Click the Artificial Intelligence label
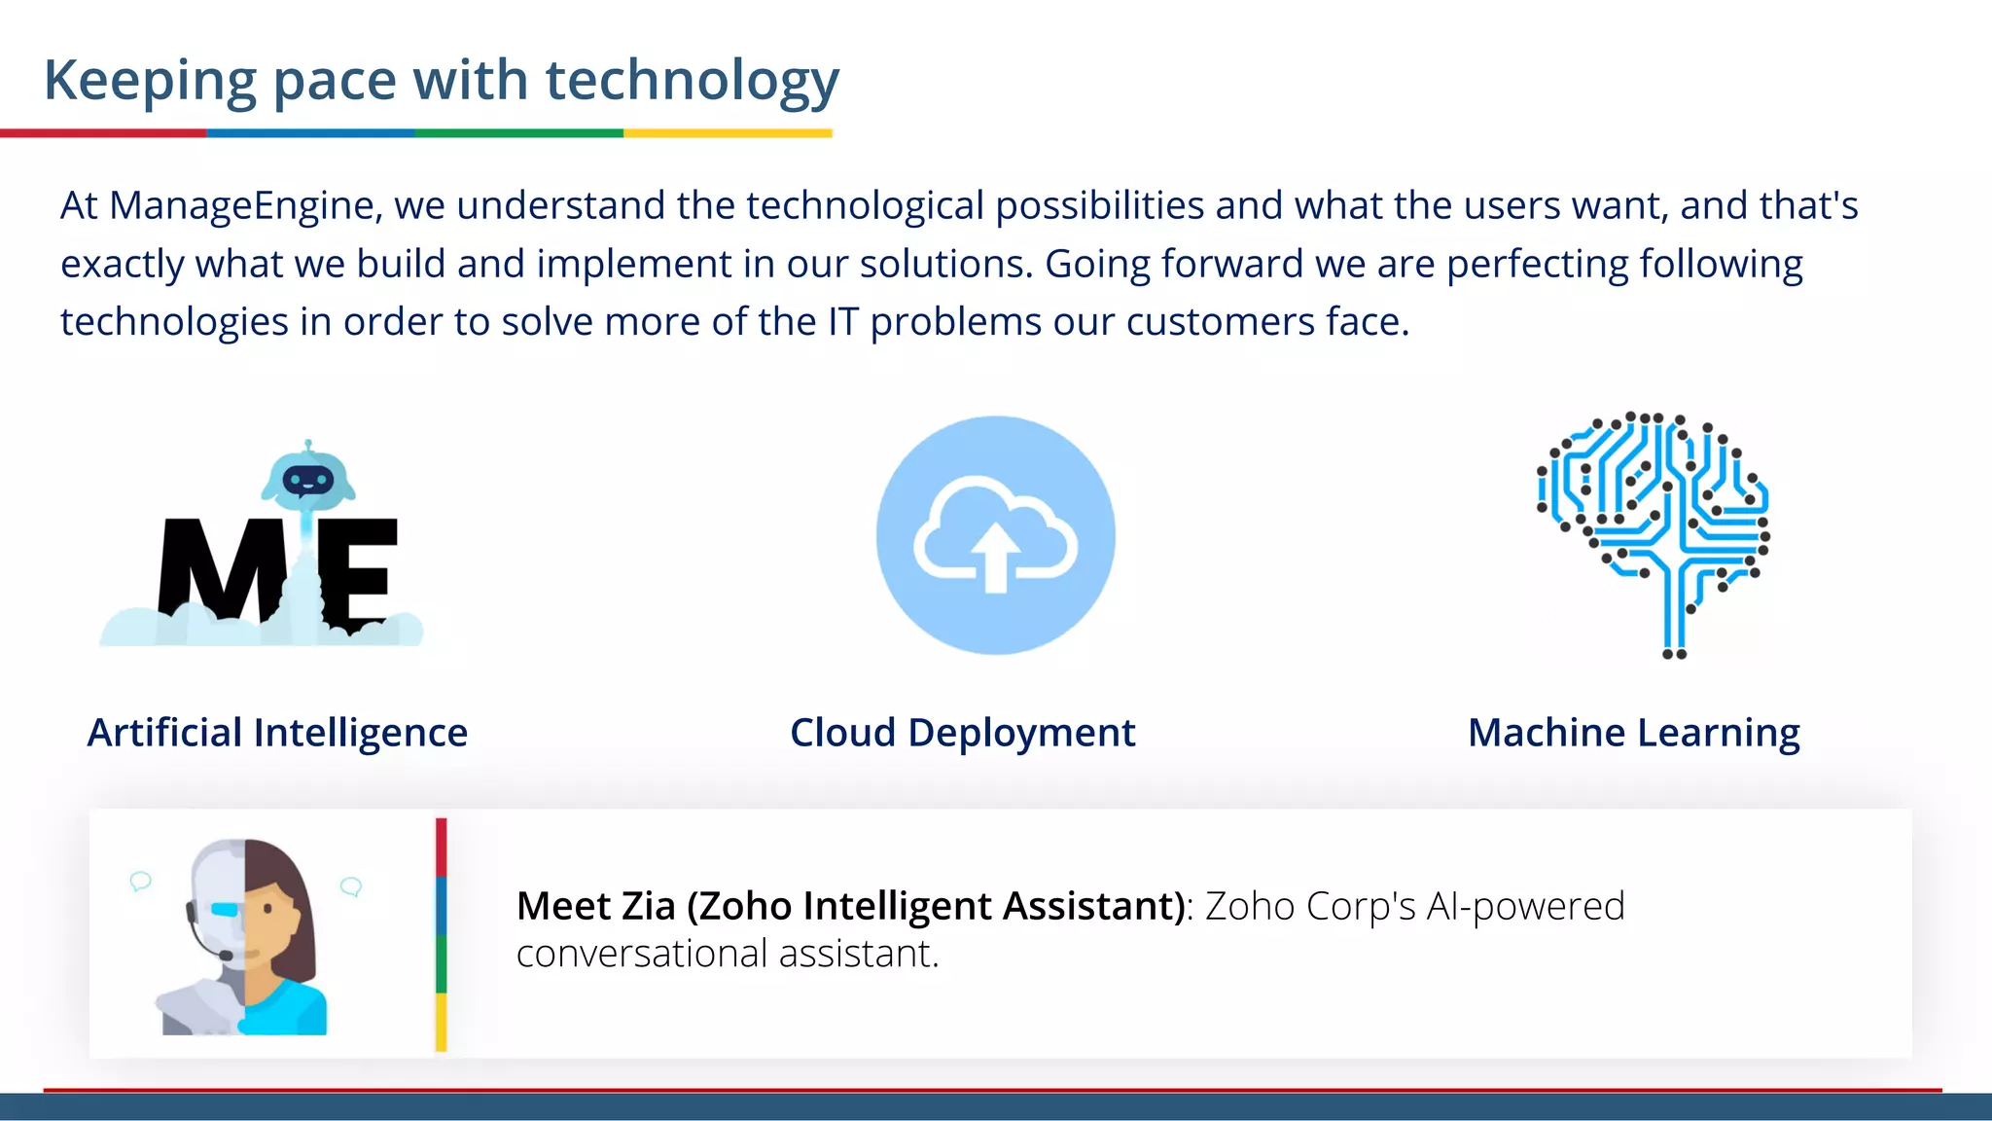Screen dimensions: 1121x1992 (277, 733)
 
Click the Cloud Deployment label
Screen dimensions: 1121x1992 (962, 733)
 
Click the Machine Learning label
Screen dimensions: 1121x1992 (1633, 733)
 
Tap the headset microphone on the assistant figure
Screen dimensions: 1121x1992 (225, 956)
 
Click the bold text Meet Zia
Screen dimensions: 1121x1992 (594, 906)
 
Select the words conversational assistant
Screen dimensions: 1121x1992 (727, 954)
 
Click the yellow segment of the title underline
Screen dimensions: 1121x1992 (728, 133)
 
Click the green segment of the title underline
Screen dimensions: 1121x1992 (518, 133)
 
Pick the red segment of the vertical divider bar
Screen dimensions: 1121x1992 (441, 847)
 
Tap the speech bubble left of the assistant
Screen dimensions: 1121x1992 (141, 882)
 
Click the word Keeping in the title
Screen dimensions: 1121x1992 (150, 80)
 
